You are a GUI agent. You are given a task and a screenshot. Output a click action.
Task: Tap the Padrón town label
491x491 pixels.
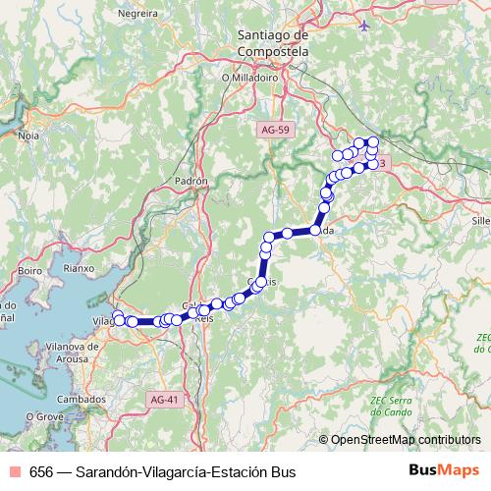point(192,182)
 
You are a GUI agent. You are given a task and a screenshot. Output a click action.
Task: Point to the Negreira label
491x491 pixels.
point(136,15)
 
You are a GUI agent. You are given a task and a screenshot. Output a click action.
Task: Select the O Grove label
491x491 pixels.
point(43,417)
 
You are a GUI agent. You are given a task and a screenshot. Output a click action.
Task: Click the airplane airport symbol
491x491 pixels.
point(365,25)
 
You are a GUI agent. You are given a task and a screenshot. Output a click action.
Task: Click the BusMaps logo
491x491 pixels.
point(443,470)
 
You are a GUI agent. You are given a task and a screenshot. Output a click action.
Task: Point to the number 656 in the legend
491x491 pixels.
point(41,471)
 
